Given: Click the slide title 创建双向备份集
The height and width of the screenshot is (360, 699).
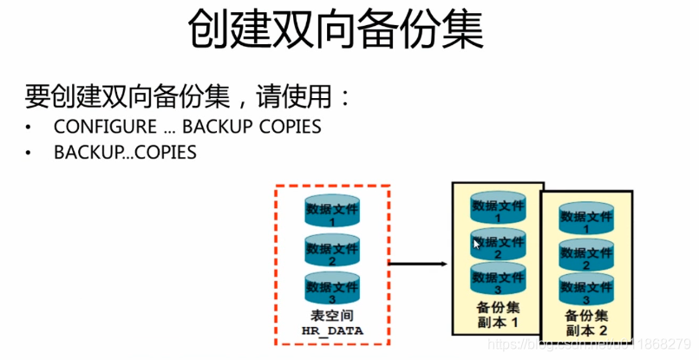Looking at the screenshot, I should (x=336, y=31).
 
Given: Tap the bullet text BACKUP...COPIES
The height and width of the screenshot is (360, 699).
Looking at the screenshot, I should (x=125, y=153).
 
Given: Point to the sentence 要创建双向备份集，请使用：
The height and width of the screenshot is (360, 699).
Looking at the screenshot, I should (x=188, y=95).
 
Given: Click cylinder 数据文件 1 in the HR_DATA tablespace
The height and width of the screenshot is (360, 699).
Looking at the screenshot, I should (x=332, y=212).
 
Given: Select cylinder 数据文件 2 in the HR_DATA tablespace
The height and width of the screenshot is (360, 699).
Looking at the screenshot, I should (x=332, y=251).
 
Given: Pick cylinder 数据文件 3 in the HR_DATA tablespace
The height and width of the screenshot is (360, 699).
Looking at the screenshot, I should (x=332, y=288).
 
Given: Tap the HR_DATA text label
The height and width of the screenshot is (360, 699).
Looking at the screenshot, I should (x=332, y=331).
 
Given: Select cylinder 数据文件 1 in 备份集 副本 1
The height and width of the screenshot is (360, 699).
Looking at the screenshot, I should (x=498, y=209).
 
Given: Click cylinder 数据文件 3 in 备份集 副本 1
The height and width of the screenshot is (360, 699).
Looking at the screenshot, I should (x=498, y=278).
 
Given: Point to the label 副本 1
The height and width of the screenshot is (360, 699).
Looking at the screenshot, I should (x=498, y=322).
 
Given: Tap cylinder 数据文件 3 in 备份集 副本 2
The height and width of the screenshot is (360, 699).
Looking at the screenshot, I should (x=586, y=290).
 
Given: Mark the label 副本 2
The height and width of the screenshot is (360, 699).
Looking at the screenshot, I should (x=586, y=331).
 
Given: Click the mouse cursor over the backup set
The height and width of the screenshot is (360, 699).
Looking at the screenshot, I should (x=476, y=245).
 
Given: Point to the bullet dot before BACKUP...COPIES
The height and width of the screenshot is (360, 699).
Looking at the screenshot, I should (x=29, y=154).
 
